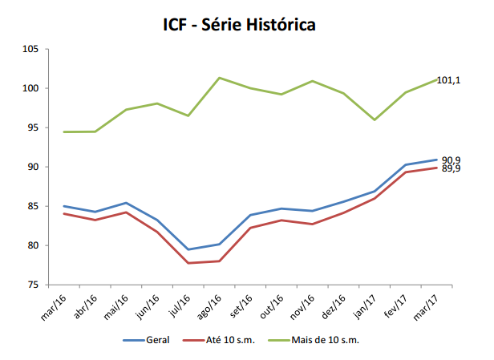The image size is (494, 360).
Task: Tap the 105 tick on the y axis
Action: pos(30,50)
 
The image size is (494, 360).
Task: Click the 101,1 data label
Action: pos(447,80)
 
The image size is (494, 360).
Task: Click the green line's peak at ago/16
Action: pos(219,78)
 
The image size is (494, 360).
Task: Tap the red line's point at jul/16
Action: pos(188,263)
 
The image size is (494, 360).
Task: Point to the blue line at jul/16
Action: pos(188,249)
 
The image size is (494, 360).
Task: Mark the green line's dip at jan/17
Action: pos(375,119)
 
